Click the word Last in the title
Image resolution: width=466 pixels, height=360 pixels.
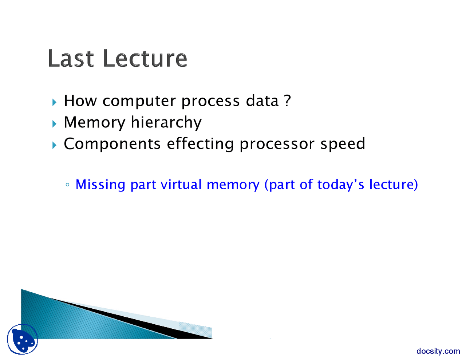click(x=71, y=58)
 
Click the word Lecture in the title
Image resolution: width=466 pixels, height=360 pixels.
click(x=145, y=58)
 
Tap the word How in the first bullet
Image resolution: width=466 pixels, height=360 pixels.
click(x=80, y=100)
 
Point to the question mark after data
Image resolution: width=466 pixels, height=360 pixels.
click(x=287, y=100)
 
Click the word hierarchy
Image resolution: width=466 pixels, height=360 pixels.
click(x=166, y=122)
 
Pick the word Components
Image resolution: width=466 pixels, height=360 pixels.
click(x=112, y=144)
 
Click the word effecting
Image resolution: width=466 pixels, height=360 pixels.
click(x=200, y=144)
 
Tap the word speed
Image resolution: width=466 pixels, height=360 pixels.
click(x=343, y=144)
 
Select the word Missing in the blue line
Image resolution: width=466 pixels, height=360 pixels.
click(x=100, y=185)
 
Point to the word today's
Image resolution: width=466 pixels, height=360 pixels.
click(x=340, y=185)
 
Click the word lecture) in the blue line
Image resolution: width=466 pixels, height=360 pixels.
click(x=394, y=185)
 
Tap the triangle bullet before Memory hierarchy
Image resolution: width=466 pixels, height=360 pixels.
click(x=54, y=124)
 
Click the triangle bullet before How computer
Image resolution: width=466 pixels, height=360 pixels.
click(x=54, y=102)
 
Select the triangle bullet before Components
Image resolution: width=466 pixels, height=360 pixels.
click(x=54, y=145)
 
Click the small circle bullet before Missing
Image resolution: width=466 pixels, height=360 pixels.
click(x=67, y=185)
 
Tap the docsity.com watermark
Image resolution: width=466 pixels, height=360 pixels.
click(x=438, y=351)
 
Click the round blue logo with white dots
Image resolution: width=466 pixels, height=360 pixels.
click(x=22, y=339)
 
